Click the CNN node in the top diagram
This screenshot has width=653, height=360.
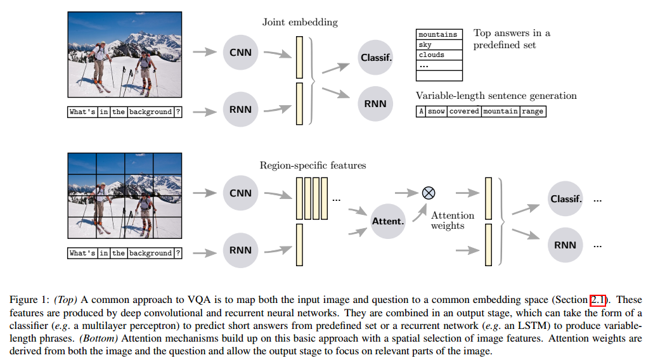pyautogui.click(x=240, y=53)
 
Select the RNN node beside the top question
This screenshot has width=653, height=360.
pyautogui.click(x=240, y=110)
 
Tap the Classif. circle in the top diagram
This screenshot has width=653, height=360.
pyautogui.click(x=376, y=58)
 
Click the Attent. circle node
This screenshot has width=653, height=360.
pyautogui.click(x=388, y=221)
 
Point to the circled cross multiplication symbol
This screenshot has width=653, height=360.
pyautogui.click(x=429, y=193)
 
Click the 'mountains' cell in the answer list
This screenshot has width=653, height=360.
pyautogui.click(x=438, y=35)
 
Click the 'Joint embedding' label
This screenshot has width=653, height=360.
pyautogui.click(x=300, y=22)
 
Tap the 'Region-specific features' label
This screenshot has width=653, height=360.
pyautogui.click(x=313, y=165)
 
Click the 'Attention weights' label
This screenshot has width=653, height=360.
pyautogui.click(x=453, y=221)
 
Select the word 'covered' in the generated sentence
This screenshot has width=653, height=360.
pyautogui.click(x=464, y=112)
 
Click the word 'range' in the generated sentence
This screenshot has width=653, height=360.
pyautogui.click(x=533, y=112)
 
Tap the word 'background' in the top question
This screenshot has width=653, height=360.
pyautogui.click(x=151, y=112)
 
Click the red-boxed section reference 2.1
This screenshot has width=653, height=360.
pyautogui.click(x=598, y=300)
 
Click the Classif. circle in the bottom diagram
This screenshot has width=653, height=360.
pyautogui.click(x=566, y=199)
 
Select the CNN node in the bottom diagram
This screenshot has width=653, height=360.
pyautogui.click(x=240, y=193)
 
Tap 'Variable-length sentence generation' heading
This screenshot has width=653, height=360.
pyautogui.click(x=496, y=96)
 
